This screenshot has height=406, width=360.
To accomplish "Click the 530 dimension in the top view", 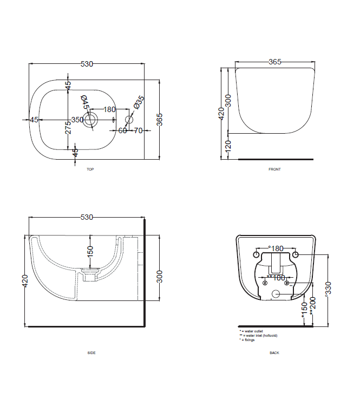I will point(87,64).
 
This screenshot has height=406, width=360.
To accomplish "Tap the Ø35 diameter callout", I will point(139,102).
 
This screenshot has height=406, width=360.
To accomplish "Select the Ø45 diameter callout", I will point(84,102).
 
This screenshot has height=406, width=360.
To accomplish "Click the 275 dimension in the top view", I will point(68,128).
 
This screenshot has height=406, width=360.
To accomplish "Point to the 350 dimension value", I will point(77,120).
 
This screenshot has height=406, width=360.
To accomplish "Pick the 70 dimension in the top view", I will point(138,130).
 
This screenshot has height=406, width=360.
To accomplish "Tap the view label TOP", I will point(90,169).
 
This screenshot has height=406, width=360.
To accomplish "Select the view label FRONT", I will point(274,169).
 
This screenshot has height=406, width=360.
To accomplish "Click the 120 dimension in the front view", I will point(228,146).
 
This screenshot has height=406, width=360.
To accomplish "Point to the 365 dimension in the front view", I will point(275,62).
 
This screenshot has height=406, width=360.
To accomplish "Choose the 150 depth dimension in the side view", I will point(91,251).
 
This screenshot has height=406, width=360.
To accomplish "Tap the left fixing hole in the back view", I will point(257,254).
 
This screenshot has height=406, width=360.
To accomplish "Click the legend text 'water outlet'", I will point(253,331).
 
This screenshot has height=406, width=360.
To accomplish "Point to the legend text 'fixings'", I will point(249,340).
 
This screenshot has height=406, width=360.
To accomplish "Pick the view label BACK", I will point(274,353).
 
